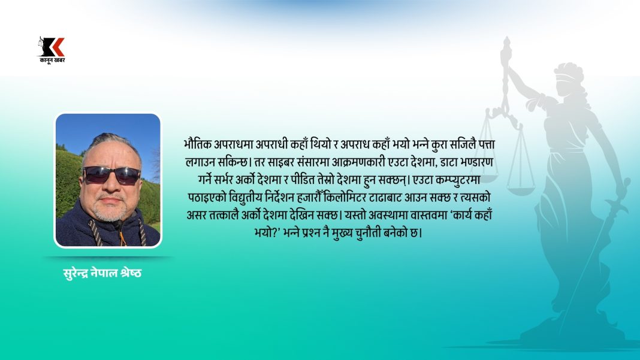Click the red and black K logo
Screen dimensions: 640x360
52,47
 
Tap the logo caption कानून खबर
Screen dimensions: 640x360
52,60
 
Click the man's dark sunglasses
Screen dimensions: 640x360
111,175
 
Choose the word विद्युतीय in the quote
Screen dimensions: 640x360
248,198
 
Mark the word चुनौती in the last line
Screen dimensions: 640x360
369,233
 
